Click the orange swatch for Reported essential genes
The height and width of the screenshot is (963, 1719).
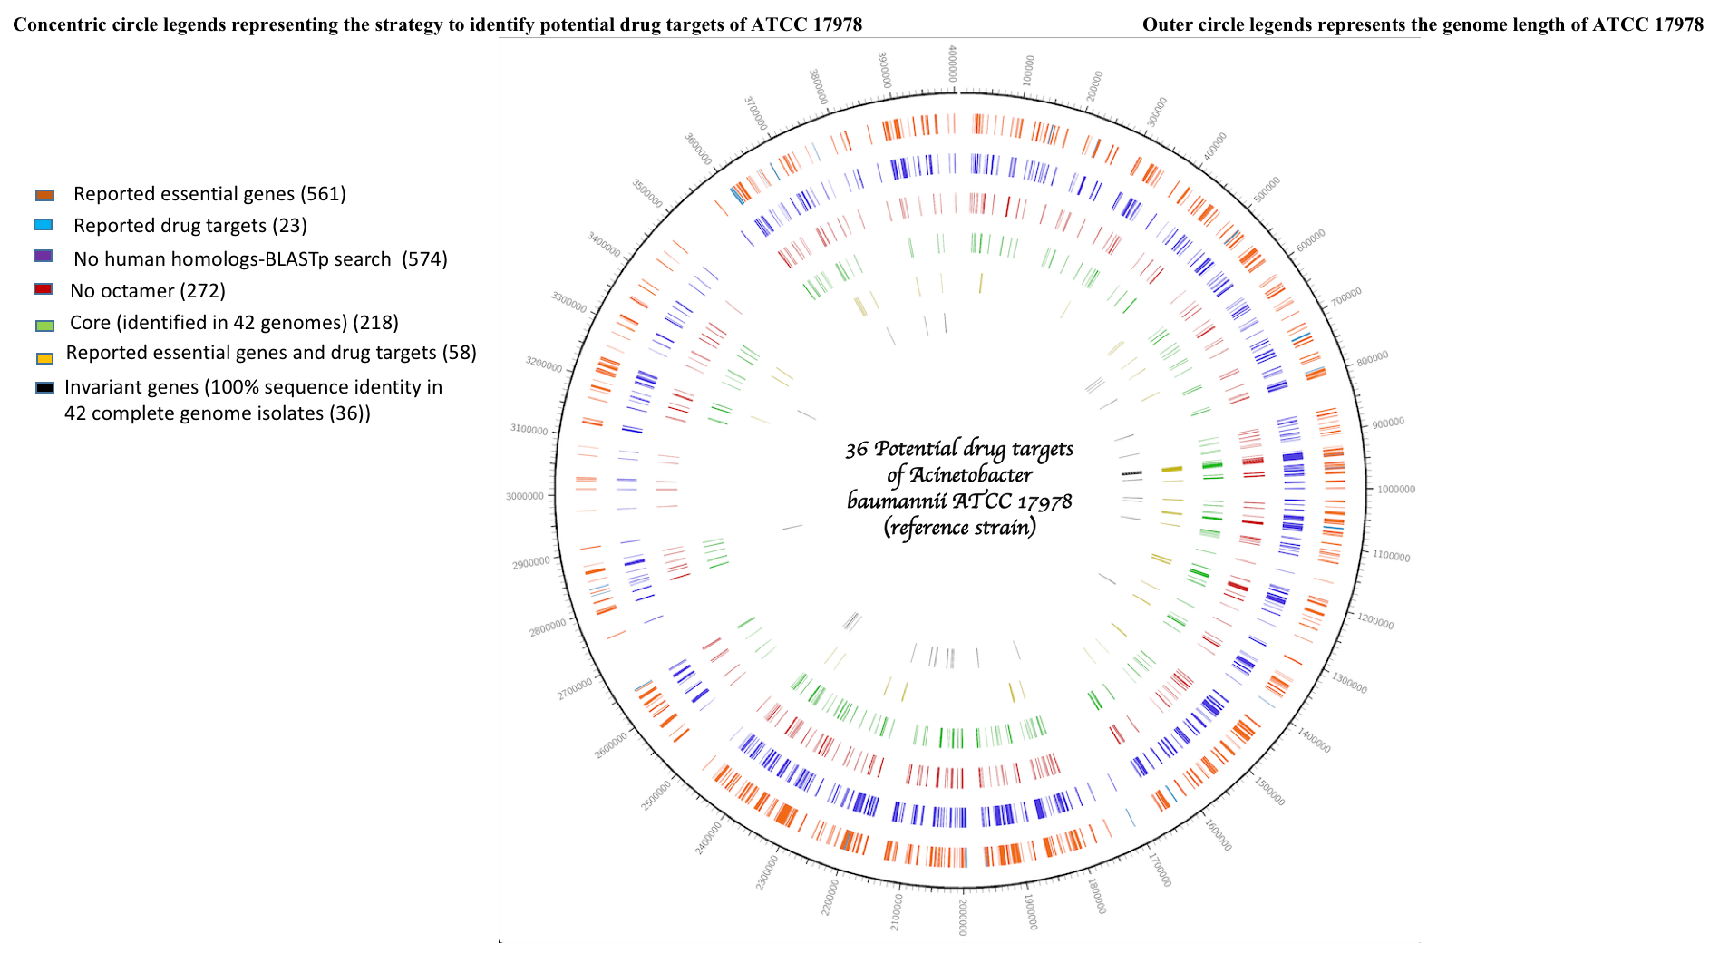point(44,195)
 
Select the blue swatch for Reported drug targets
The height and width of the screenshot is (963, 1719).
point(44,225)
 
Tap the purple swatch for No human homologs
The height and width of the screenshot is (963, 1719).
point(43,257)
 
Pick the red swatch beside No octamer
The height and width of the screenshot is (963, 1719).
point(43,289)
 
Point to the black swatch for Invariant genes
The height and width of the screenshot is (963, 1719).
point(44,388)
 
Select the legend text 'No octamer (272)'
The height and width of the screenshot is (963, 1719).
point(147,291)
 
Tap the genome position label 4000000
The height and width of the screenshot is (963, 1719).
point(953,64)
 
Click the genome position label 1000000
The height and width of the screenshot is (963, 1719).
point(1395,490)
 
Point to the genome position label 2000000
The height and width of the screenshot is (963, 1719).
point(962,917)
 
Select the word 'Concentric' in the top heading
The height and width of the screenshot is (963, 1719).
point(55,24)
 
